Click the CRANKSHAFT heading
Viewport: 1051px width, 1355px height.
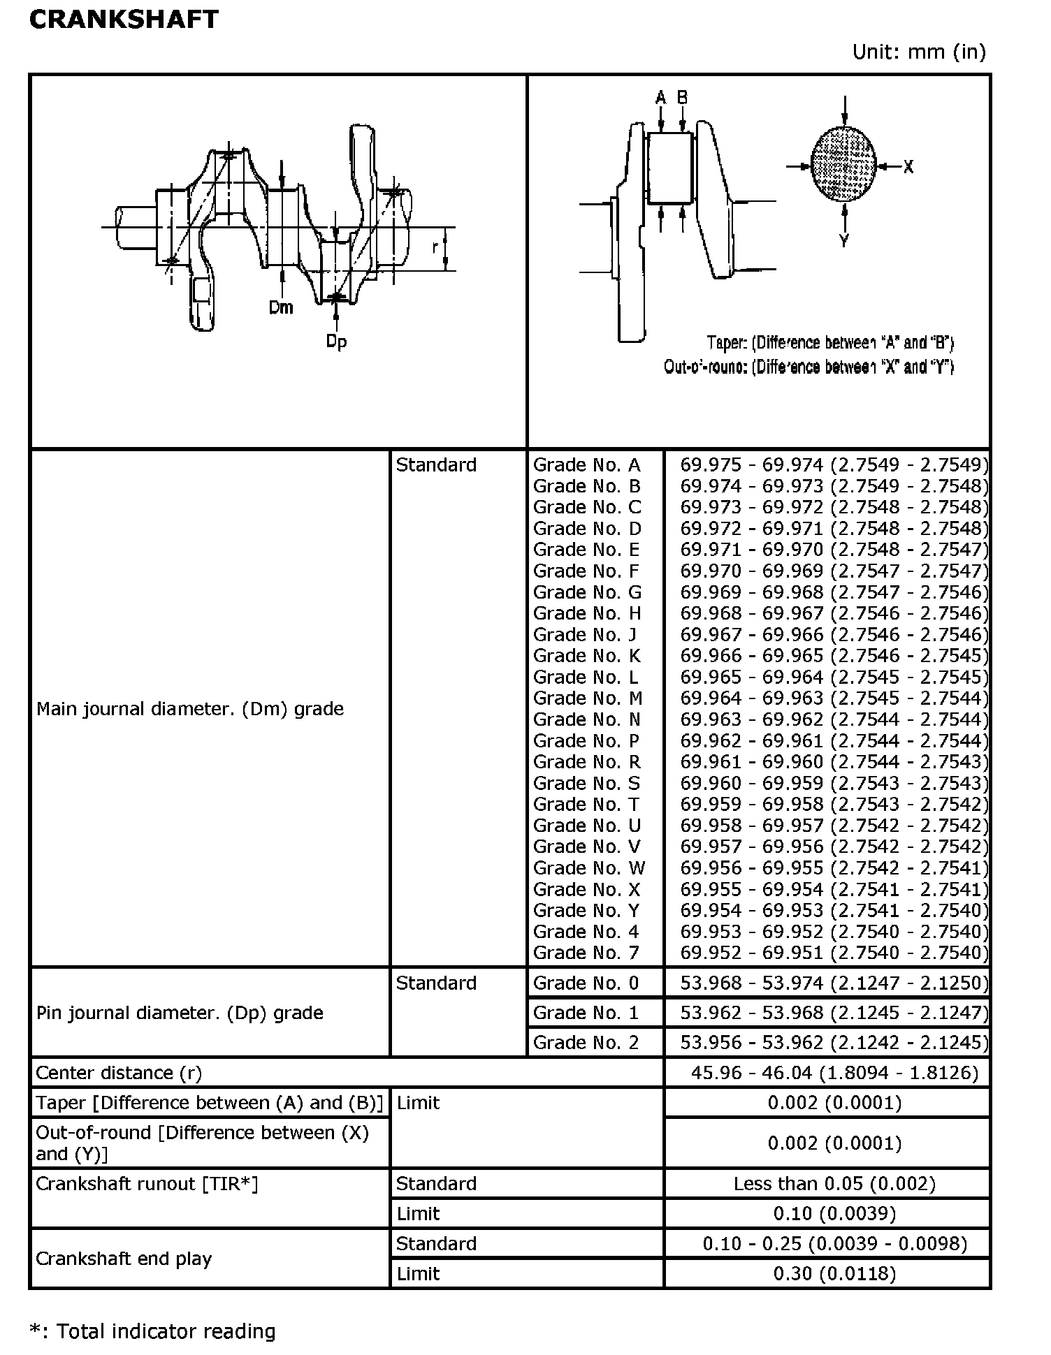pos(124,20)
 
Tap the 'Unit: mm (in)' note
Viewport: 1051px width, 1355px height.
pos(918,52)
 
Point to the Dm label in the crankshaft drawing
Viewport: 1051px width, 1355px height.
pos(281,307)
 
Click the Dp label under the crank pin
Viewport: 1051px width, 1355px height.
pos(336,342)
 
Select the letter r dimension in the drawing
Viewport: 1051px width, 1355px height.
pos(435,248)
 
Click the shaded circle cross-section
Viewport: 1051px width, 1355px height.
pos(843,165)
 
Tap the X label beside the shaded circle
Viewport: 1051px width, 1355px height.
pos(908,167)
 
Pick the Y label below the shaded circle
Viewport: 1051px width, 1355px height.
pos(844,241)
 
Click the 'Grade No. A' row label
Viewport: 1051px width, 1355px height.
pos(586,465)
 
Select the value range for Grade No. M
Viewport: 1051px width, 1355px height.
pos(834,698)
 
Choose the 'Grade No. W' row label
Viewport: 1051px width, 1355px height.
pos(589,868)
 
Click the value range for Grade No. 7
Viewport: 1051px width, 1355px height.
pos(834,953)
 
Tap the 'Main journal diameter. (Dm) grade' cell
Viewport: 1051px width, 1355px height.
pos(190,709)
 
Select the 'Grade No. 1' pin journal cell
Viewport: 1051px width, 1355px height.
pos(586,1013)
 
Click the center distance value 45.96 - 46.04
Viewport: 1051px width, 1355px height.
pos(834,1072)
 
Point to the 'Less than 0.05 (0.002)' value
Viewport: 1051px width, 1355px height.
pos(834,1183)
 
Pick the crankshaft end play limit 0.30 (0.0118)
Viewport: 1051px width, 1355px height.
pos(834,1273)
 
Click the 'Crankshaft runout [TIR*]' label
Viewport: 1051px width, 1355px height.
pos(147,1183)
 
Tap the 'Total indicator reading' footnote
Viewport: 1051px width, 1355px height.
pos(153,1331)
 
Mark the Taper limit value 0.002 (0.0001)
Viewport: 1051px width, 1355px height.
pos(834,1102)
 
